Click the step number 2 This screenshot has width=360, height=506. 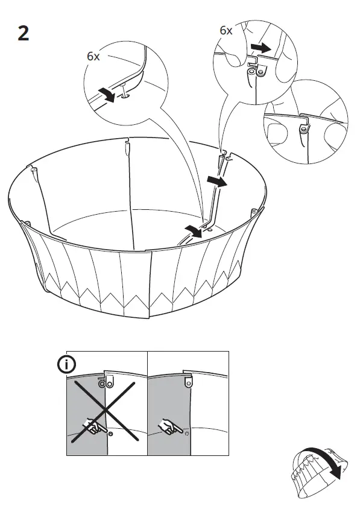click(23, 33)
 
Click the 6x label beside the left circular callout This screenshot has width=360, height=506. click(93, 56)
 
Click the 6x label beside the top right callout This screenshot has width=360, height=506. click(226, 30)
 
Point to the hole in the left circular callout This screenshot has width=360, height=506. click(125, 93)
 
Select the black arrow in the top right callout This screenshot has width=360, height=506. click(261, 46)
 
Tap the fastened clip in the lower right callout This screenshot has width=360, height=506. click(303, 127)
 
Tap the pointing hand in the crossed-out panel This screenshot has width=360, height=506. click(93, 428)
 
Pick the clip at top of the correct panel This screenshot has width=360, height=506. click(189, 379)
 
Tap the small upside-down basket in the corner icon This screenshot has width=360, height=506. click(313, 470)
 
